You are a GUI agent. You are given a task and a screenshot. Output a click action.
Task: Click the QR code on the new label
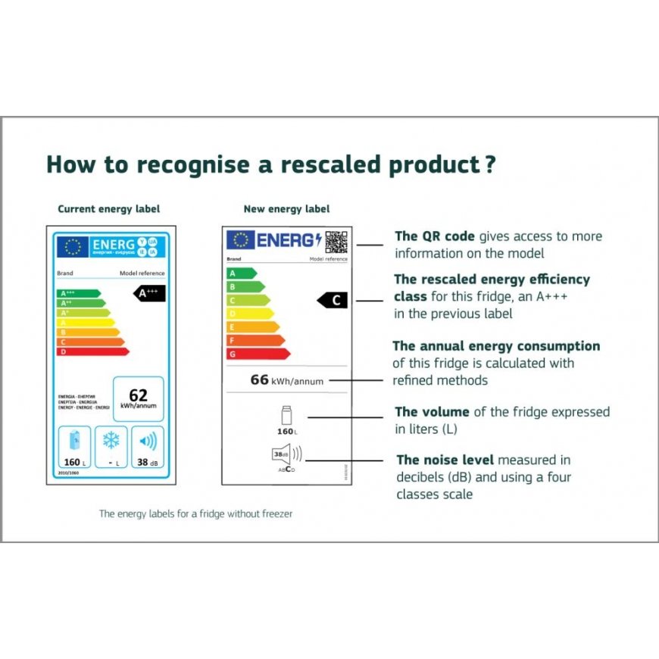click(x=336, y=241)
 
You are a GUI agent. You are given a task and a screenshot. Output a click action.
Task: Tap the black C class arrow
click(x=333, y=301)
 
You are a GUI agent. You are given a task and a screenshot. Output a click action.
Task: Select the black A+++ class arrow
click(x=149, y=294)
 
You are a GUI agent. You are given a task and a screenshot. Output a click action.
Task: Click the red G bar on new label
click(x=258, y=354)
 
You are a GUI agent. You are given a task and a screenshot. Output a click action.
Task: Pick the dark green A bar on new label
click(x=242, y=273)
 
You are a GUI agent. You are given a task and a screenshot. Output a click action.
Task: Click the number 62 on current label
click(x=138, y=395)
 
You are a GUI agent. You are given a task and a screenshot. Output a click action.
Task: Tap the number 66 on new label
click(x=260, y=379)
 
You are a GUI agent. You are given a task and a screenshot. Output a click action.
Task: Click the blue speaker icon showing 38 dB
click(x=148, y=441)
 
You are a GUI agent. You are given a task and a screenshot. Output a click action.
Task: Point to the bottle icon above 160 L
click(x=286, y=416)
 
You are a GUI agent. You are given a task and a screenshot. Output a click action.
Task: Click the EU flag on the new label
click(x=240, y=240)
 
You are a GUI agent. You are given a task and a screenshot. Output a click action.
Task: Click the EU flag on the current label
click(x=73, y=247)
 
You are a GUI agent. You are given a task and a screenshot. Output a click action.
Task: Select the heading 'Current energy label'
click(x=109, y=209)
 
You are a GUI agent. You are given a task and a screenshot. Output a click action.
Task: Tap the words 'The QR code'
click(x=435, y=236)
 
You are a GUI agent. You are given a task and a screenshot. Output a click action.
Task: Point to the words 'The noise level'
click(x=445, y=460)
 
